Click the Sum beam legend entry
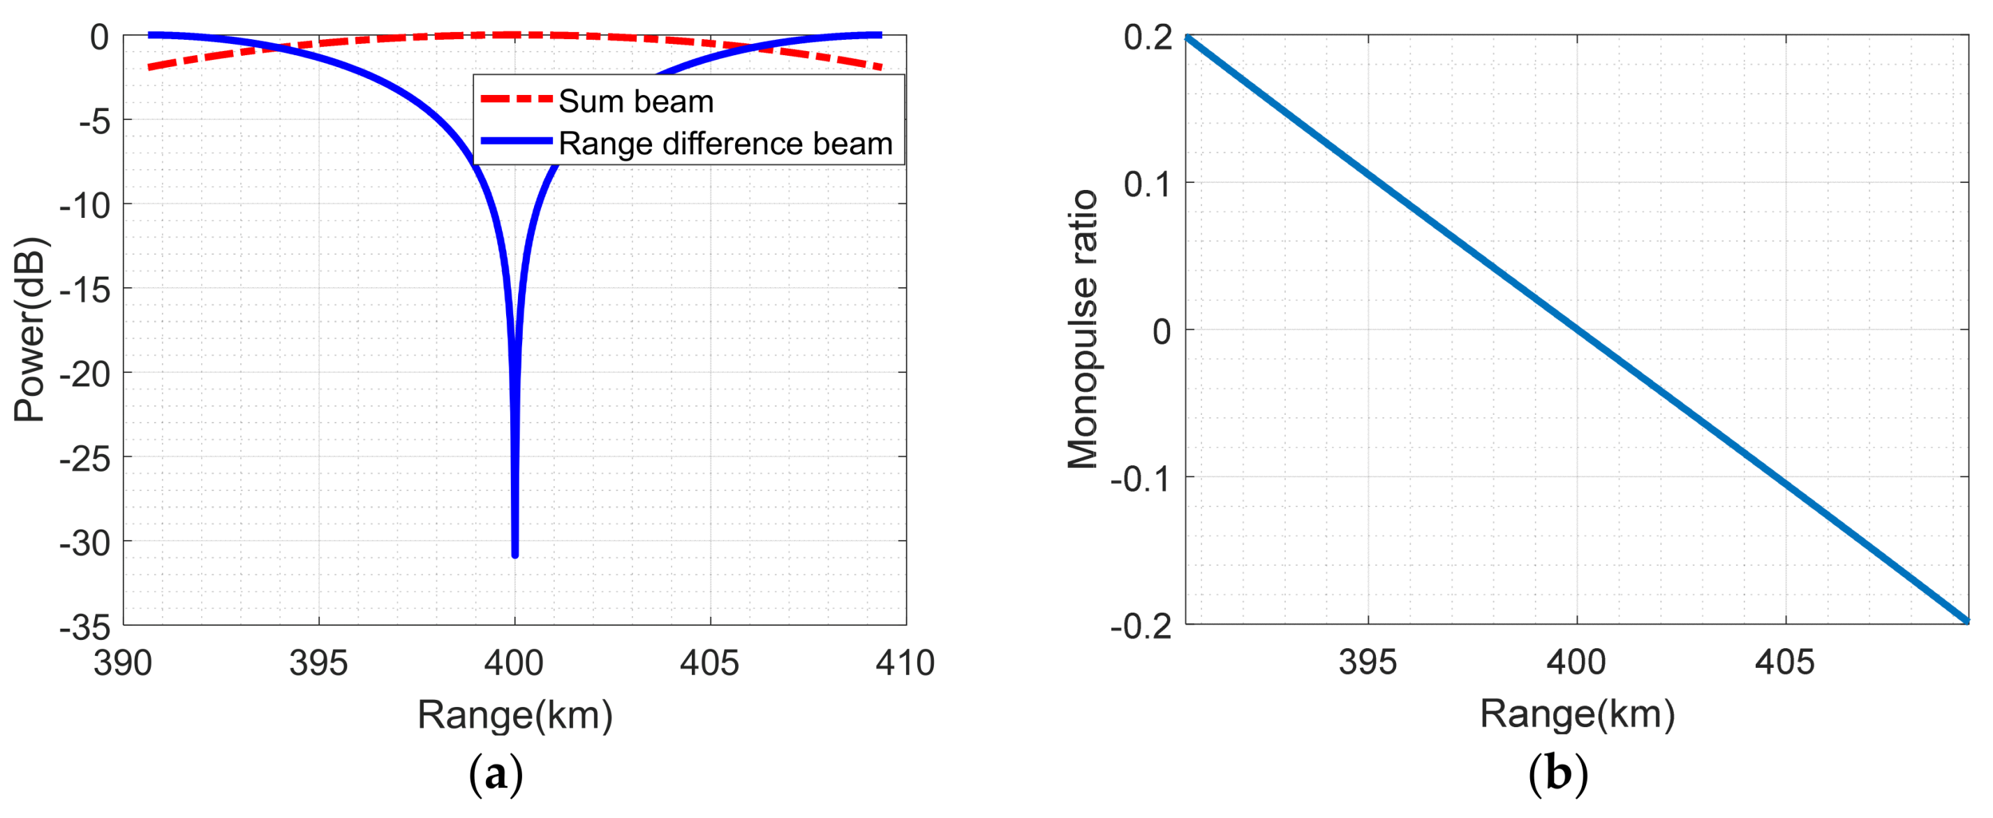pyautogui.click(x=635, y=101)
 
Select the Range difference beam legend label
pyautogui.click(x=725, y=144)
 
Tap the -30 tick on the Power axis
pyautogui.click(x=85, y=543)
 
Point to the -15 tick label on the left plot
pyautogui.click(x=85, y=290)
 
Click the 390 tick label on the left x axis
pyautogui.click(x=123, y=663)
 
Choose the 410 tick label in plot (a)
pyautogui.click(x=905, y=663)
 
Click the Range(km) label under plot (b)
pyautogui.click(x=1577, y=713)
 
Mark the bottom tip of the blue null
pyautogui.click(x=515, y=554)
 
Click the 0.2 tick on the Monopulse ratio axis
pyautogui.click(x=1148, y=37)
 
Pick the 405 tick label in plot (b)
pyautogui.click(x=1784, y=662)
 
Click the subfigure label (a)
pyautogui.click(x=496, y=774)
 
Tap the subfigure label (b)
pyautogui.click(x=1558, y=774)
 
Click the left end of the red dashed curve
pyautogui.click(x=150, y=67)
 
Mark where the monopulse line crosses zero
pyautogui.click(x=1577, y=330)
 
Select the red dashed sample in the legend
pyautogui.click(x=516, y=99)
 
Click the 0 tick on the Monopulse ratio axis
pyautogui.click(x=1162, y=331)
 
